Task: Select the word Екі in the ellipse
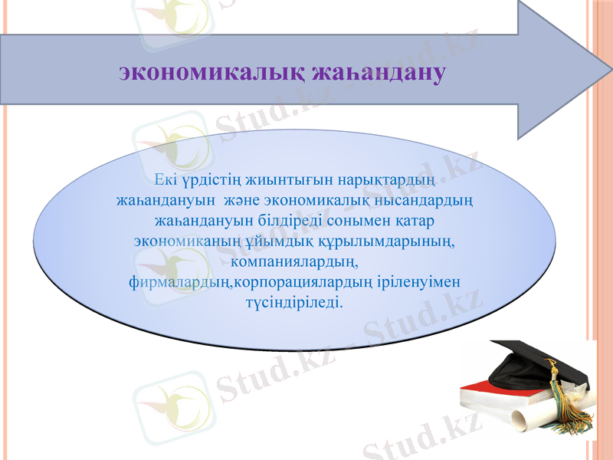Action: coord(165,181)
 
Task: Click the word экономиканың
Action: coord(181,241)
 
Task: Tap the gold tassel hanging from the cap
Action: coord(564,399)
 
